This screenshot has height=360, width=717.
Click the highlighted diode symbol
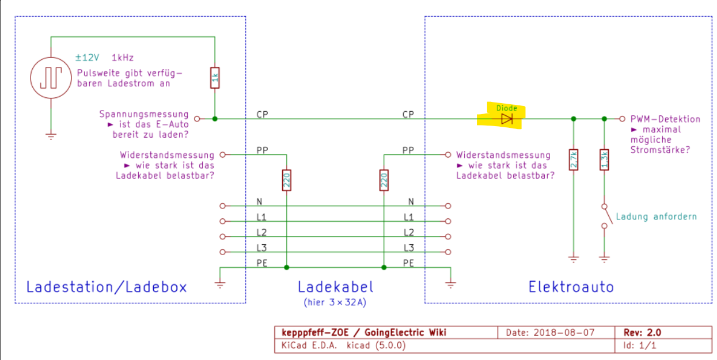(x=507, y=119)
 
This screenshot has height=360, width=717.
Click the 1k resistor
(x=215, y=79)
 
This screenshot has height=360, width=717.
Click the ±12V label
(x=87, y=58)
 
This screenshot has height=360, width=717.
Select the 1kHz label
(x=123, y=58)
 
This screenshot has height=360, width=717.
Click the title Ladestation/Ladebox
(x=107, y=286)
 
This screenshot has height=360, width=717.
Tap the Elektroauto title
(x=571, y=286)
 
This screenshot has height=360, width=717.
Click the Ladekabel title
(x=336, y=286)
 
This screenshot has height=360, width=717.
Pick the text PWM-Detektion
(x=666, y=119)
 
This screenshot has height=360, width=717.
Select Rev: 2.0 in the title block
(x=642, y=332)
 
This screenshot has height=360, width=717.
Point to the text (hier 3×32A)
(x=336, y=302)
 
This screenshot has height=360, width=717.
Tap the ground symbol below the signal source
(x=51, y=136)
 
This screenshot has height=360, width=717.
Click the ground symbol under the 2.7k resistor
(x=574, y=259)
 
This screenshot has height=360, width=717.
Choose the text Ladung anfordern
(x=657, y=217)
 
